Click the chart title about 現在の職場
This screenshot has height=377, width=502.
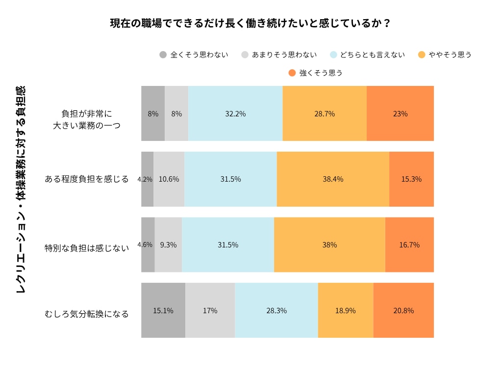251,23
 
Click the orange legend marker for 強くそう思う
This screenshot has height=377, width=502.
292,73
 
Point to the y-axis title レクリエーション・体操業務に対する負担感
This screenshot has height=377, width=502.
21,189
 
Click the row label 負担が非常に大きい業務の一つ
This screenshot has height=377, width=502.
87,119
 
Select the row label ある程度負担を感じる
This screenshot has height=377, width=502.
87,179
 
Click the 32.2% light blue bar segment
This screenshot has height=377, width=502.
235,113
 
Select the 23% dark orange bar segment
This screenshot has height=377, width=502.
400,113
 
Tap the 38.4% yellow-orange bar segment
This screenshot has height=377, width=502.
333,179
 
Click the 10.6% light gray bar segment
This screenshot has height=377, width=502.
169,179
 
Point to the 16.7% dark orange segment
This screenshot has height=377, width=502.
409,244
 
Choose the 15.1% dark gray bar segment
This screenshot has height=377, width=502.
163,310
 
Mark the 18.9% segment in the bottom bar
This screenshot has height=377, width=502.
346,310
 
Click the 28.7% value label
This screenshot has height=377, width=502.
325,113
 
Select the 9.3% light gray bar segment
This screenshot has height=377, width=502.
168,244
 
